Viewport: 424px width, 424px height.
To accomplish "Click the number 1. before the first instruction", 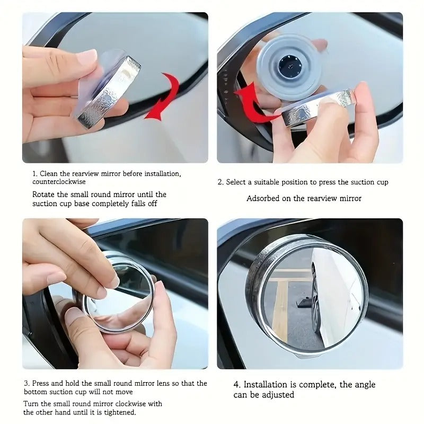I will click(35, 174).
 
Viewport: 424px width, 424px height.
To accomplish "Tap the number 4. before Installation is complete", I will click(237, 385).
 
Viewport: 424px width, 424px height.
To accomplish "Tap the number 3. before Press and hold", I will click(26, 383).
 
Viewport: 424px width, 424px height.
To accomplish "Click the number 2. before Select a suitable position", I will click(220, 182).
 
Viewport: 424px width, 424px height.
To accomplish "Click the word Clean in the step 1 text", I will click(50, 174).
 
